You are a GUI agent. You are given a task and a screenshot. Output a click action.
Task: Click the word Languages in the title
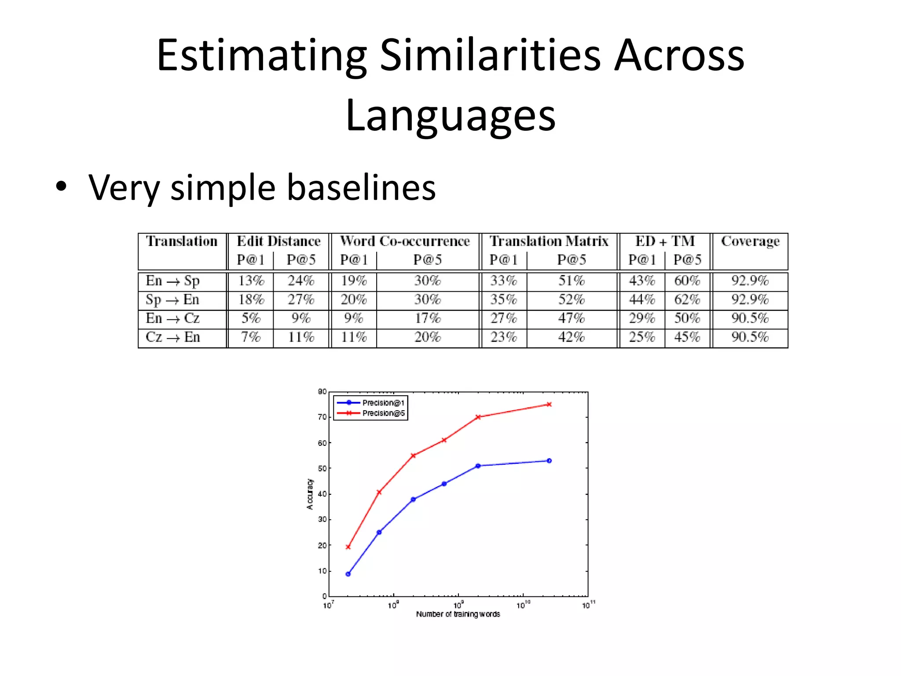(x=450, y=116)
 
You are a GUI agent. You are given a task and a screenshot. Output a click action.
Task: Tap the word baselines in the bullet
(x=361, y=187)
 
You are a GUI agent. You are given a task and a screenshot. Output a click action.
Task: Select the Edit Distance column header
(x=278, y=241)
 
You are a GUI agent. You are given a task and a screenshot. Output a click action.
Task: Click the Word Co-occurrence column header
(x=405, y=241)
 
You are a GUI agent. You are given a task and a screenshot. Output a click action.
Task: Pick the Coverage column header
(x=750, y=241)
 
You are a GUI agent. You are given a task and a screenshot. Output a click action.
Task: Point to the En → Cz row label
(x=172, y=318)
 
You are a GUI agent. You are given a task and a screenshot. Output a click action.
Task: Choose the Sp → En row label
(x=172, y=300)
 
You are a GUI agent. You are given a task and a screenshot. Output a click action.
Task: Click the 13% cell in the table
(x=251, y=281)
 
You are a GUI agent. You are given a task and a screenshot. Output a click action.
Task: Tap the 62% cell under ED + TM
(x=687, y=300)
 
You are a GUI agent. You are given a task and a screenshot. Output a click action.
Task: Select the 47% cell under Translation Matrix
(x=571, y=318)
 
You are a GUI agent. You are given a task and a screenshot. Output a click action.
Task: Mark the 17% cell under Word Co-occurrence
(x=428, y=318)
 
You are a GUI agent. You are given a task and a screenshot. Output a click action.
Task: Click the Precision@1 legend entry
(x=383, y=403)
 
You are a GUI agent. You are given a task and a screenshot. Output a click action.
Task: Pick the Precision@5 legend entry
(x=383, y=413)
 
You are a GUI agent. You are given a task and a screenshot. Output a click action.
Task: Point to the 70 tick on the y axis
(x=322, y=417)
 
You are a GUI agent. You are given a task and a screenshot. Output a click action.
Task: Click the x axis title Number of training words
(x=458, y=614)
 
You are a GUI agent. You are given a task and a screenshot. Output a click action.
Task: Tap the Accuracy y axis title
(x=310, y=494)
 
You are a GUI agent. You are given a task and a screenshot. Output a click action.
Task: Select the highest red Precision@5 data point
(x=549, y=404)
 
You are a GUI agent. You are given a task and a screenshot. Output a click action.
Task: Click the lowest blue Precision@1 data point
(x=348, y=574)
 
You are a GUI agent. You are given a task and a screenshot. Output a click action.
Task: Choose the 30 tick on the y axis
(x=322, y=519)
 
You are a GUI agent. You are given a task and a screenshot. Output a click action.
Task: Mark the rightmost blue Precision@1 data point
(x=549, y=461)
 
